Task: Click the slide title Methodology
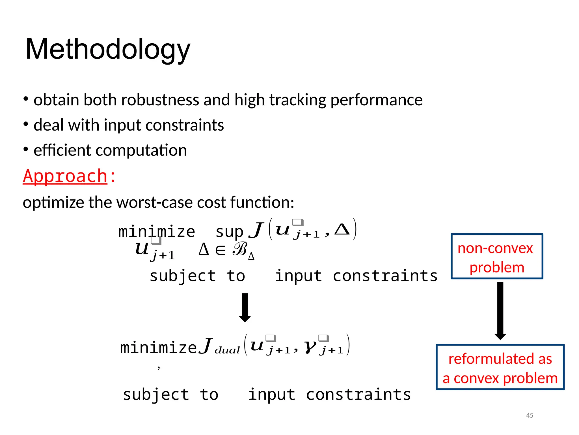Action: [108, 50]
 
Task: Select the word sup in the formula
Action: [229, 232]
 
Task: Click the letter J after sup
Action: [256, 230]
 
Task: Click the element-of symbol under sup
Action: [221, 250]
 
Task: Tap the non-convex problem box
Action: [497, 256]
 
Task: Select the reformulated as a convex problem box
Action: [500, 367]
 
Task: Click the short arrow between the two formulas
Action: [245, 308]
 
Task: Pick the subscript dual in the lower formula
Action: [227, 350]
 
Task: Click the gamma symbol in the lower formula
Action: [310, 346]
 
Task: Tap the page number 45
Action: [529, 415]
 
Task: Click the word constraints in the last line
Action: [358, 395]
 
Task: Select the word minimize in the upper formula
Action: [157, 232]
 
